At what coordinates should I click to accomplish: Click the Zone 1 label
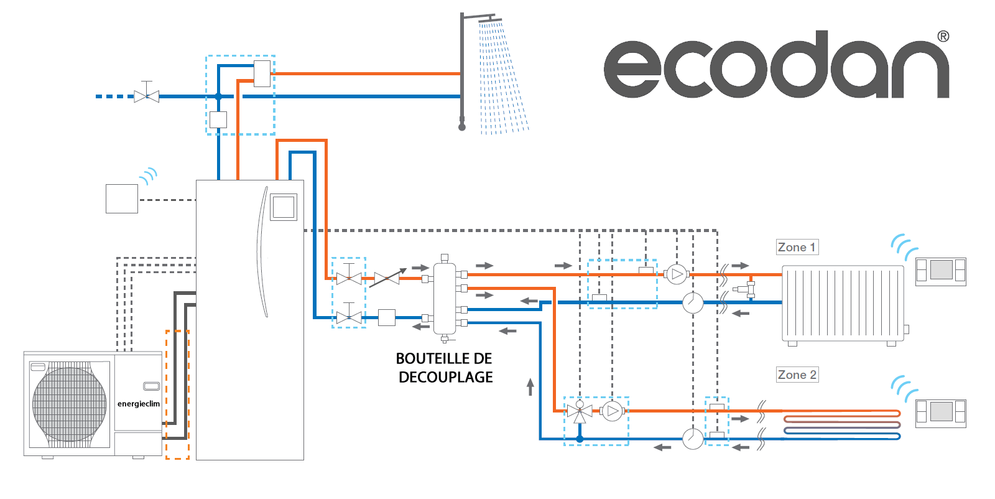coord(797,247)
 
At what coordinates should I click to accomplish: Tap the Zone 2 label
coord(797,375)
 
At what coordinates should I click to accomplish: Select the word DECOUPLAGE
coord(445,377)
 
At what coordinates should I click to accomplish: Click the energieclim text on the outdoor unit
coord(138,404)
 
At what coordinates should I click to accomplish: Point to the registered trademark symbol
coord(943,37)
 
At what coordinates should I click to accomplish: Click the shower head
coord(490,19)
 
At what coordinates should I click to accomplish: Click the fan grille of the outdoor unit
coord(69,404)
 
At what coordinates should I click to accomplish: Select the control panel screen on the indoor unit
coord(284,207)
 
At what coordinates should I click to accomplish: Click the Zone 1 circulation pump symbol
coord(677,274)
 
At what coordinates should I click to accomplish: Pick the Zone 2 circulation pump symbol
coord(613,411)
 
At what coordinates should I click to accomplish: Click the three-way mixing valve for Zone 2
coord(580,412)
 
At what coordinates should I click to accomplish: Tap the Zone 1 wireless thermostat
coord(941,271)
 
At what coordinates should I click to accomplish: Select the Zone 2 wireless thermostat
coord(941,414)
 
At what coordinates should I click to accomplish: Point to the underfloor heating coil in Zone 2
coord(842,425)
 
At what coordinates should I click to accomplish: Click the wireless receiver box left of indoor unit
coord(122,198)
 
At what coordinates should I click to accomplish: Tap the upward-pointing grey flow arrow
coord(530,386)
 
